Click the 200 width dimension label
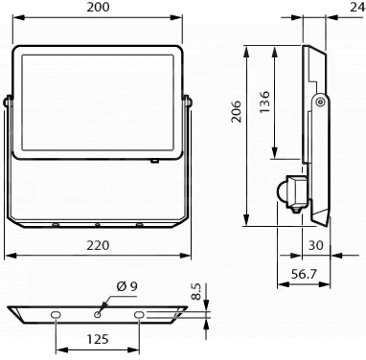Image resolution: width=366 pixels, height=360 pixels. pyautogui.click(x=98, y=7)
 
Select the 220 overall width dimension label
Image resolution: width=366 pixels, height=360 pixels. pyautogui.click(x=98, y=245)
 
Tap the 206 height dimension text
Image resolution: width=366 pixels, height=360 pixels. pyautogui.click(x=237, y=111)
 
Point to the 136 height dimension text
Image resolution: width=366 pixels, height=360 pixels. pyautogui.click(x=264, y=101)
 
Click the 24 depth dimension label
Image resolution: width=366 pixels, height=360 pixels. pyautogui.click(x=358, y=7)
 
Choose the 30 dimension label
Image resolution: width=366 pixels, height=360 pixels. pyautogui.click(x=316, y=245)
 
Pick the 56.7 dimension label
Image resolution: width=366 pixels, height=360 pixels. pyautogui.click(x=304, y=274)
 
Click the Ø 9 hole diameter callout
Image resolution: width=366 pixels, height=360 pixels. pyautogui.click(x=126, y=286)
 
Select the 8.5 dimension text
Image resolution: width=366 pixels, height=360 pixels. pyautogui.click(x=196, y=292)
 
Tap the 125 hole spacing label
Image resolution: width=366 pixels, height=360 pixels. pyautogui.click(x=98, y=339)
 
